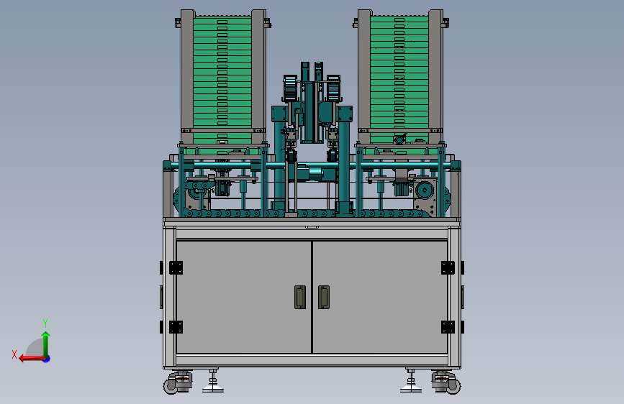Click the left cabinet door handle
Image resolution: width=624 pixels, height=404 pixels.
[300, 297]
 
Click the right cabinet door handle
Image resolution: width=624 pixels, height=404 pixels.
[324, 297]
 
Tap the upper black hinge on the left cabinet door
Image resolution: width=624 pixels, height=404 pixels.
[176, 267]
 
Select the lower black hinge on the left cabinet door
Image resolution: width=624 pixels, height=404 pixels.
[176, 327]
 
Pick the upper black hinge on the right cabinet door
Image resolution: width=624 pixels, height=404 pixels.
[448, 267]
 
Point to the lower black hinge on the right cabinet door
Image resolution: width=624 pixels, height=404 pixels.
[448, 327]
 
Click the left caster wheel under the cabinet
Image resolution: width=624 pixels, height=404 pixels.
[171, 386]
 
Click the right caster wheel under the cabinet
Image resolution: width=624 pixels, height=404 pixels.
[453, 386]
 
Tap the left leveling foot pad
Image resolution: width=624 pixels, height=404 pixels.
[213, 388]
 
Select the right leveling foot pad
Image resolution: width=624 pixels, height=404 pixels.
[411, 388]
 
